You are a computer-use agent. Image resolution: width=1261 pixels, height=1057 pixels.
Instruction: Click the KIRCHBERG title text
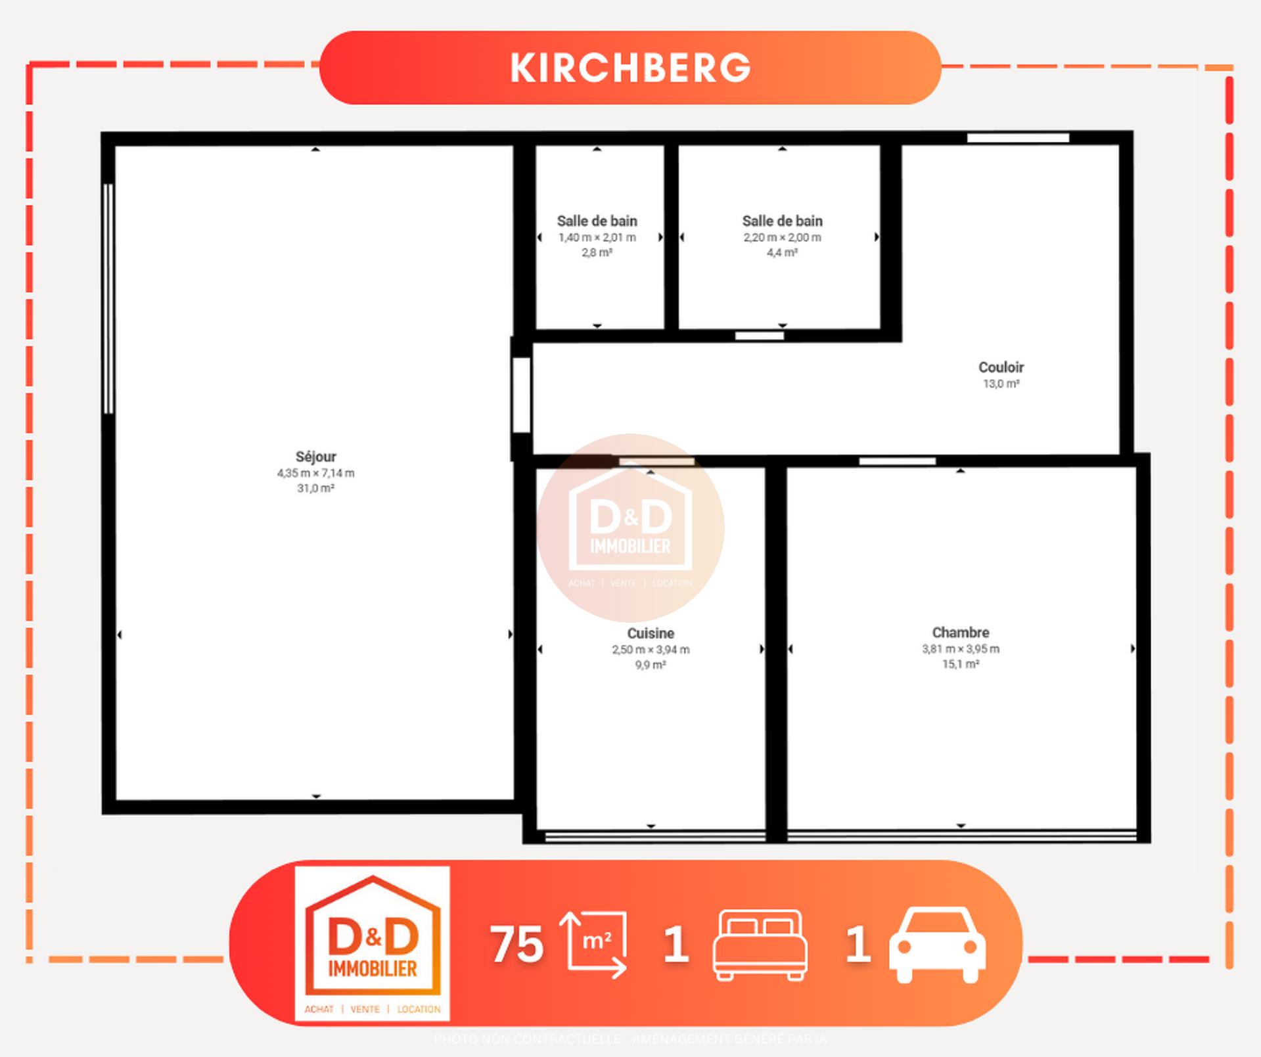coord(630,68)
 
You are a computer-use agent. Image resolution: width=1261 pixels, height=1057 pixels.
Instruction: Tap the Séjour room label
coord(315,457)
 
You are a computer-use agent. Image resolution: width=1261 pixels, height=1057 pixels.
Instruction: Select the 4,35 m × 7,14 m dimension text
coord(315,473)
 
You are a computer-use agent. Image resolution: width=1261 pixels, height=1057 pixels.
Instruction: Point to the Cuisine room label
coord(651,633)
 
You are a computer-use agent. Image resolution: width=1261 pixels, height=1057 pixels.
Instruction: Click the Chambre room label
coord(961,633)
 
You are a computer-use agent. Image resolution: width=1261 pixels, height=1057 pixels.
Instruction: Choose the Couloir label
coord(1001,367)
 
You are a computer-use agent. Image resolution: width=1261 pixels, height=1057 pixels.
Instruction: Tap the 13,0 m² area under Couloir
coord(1001,384)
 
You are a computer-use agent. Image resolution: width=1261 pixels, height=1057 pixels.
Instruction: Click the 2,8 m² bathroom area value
coord(597,252)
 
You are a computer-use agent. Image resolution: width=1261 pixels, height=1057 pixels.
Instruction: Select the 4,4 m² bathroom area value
coord(782,252)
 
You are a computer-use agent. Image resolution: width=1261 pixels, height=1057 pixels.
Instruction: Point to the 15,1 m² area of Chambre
coord(961,664)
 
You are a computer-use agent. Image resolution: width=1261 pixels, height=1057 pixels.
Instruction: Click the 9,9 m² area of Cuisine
coord(651,665)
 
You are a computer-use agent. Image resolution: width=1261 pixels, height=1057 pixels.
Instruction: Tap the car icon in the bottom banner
coord(937,945)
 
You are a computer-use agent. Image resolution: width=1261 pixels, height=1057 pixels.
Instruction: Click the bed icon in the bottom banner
coord(760,945)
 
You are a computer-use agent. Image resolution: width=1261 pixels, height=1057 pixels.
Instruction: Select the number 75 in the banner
coord(516,945)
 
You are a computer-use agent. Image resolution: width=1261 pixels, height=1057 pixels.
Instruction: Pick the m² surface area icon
coord(593,944)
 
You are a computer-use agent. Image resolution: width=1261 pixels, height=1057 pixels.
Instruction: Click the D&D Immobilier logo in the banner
coord(372,943)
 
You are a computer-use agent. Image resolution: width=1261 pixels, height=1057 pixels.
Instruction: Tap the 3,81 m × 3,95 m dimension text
coord(961,649)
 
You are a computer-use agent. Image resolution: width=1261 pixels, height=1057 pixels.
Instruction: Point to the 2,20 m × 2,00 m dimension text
coord(782,237)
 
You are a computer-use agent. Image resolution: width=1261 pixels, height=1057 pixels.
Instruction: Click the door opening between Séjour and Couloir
coord(521,395)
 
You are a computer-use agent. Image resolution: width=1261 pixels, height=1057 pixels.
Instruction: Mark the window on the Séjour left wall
coord(108,299)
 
